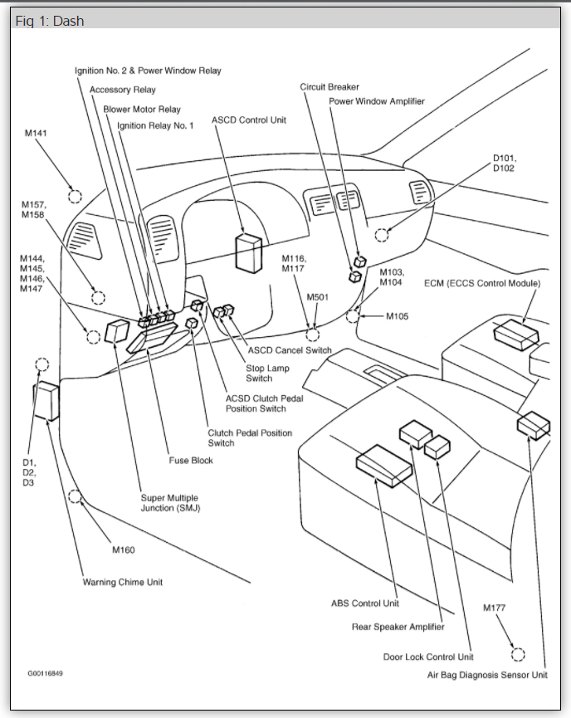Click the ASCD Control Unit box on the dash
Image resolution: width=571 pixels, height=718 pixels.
point(248,252)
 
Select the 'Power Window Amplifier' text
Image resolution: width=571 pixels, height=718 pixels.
point(376,101)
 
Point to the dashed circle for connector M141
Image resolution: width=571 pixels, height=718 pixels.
point(75,197)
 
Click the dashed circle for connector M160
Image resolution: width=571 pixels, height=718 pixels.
point(76,497)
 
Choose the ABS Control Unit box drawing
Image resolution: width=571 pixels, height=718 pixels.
point(384,465)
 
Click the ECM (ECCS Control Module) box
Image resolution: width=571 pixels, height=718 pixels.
point(515,333)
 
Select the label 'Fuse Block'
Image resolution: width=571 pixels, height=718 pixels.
point(191,461)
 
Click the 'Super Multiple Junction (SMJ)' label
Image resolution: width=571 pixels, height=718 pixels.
point(170,503)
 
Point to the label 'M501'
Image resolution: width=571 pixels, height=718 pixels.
point(318,296)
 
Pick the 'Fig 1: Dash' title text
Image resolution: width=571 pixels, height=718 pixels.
point(50,21)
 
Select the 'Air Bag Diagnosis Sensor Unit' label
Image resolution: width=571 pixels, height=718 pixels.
point(487,676)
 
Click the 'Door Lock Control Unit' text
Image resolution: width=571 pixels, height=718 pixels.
point(428,657)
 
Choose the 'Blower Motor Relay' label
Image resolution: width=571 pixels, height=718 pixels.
point(142,109)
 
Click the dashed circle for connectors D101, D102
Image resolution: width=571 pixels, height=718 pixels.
point(381,235)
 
